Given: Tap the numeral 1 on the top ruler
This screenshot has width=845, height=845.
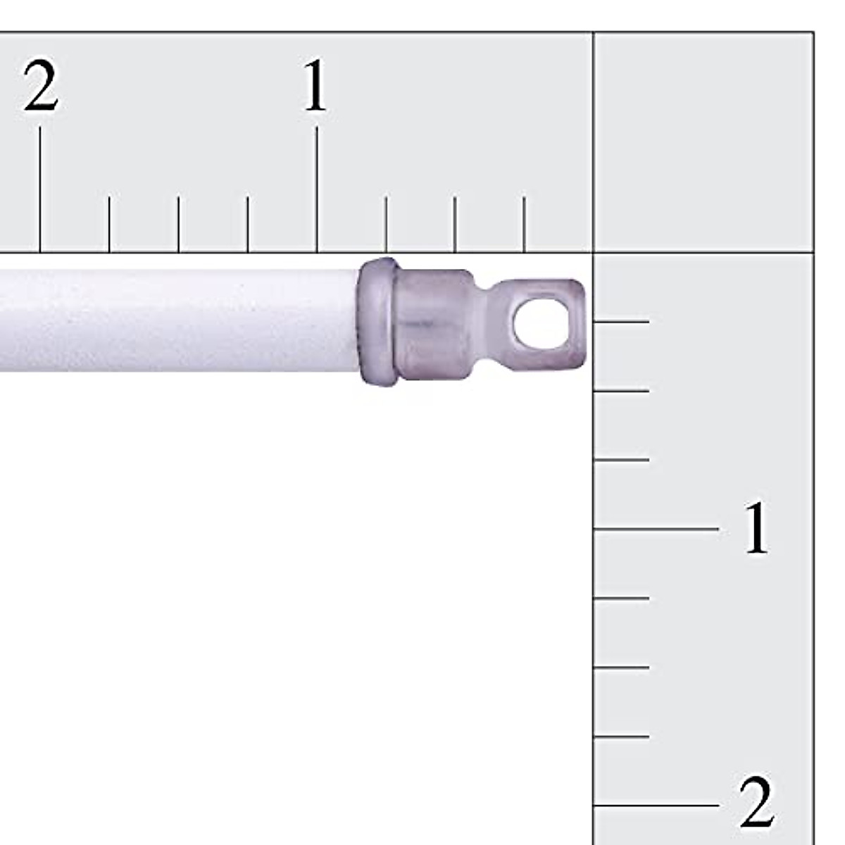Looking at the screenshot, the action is (x=315, y=84).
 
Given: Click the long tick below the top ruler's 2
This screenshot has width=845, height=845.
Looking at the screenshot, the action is (x=40, y=189).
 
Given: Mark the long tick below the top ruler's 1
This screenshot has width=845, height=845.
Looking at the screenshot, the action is (x=317, y=189).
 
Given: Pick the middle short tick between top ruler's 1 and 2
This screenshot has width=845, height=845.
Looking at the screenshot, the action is (x=178, y=225).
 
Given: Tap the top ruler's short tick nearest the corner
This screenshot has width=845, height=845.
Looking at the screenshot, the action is (x=524, y=225).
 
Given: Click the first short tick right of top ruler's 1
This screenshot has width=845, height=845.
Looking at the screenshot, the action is (x=386, y=225).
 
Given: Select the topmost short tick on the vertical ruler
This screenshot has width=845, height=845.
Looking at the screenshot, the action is (x=621, y=321).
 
